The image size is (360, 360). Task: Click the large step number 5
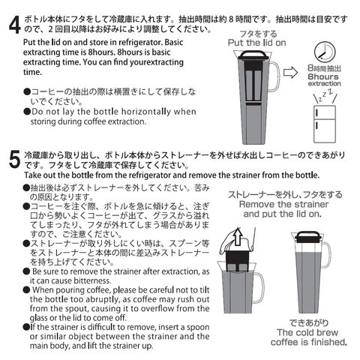tap(14, 160)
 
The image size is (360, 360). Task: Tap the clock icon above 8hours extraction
tap(325, 52)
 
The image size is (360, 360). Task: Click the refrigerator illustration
tap(325, 124)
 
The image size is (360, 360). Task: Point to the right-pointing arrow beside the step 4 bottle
tap(290, 73)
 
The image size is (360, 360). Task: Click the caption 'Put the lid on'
tap(256, 43)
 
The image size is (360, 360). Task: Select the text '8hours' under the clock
tap(323, 76)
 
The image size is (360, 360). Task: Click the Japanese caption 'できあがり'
tap(309, 323)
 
